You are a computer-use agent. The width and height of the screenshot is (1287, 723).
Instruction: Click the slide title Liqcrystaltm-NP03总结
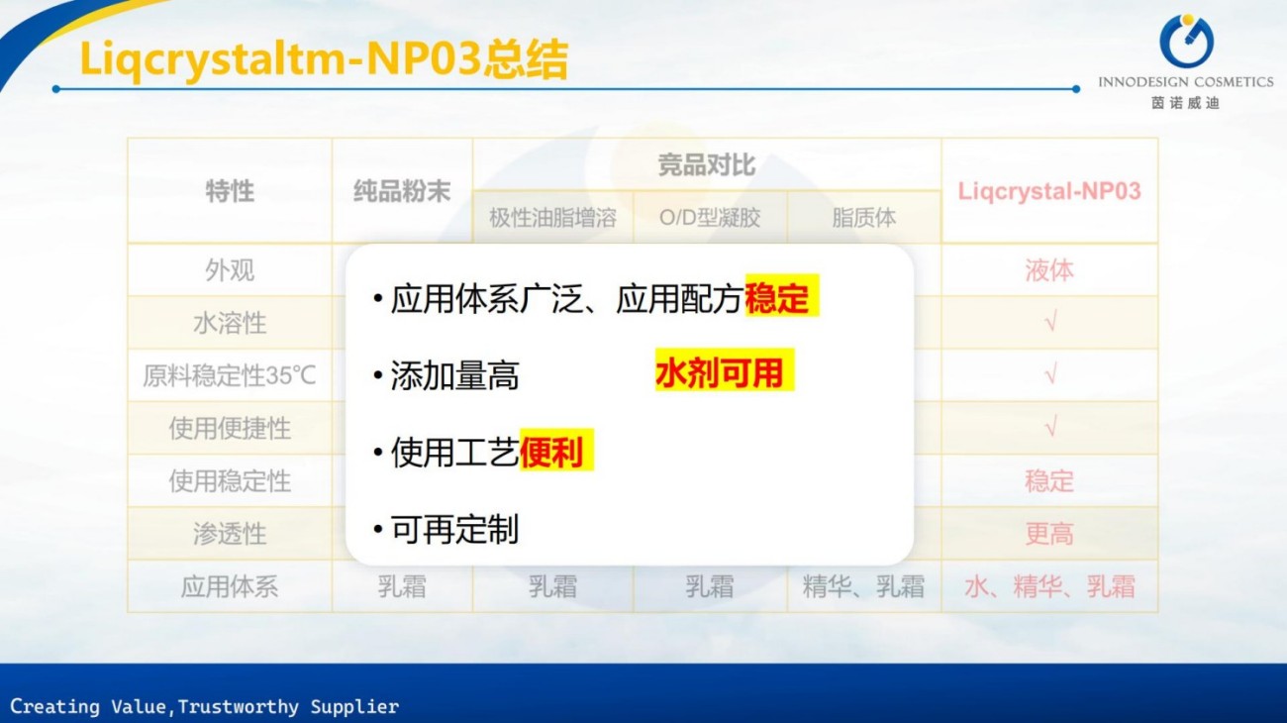tap(324, 59)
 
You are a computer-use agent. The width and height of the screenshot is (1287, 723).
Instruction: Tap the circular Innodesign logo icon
tap(1185, 42)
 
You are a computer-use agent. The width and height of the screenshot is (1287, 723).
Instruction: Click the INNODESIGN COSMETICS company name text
tap(1185, 82)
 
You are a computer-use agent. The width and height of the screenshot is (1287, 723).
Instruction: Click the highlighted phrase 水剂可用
tap(720, 373)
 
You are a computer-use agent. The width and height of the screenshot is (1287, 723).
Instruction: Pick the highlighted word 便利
tap(552, 453)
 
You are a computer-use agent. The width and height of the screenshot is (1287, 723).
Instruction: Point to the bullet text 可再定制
tap(454, 530)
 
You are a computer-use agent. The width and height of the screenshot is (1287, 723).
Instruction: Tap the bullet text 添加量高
tap(454, 376)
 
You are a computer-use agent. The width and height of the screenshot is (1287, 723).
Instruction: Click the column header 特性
tap(230, 191)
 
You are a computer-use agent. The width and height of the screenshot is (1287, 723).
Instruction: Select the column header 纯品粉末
tap(402, 191)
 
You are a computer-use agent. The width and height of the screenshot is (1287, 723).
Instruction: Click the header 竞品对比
tap(707, 164)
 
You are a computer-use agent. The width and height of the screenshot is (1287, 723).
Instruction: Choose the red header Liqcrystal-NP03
tap(1049, 191)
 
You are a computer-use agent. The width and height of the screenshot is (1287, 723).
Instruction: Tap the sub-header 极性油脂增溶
tap(552, 218)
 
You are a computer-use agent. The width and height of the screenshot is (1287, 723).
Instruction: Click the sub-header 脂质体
tap(863, 218)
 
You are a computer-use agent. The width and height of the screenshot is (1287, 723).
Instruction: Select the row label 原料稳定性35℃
tap(230, 375)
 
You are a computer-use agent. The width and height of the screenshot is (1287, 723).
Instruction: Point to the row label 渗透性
tap(230, 534)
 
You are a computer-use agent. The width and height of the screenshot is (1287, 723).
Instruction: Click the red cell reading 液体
tap(1049, 270)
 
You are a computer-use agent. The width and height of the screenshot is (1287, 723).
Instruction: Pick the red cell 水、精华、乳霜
tap(1049, 586)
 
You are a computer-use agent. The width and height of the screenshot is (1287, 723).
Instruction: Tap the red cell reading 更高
tap(1049, 534)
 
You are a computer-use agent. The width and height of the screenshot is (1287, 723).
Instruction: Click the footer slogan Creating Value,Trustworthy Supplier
tap(205, 707)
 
